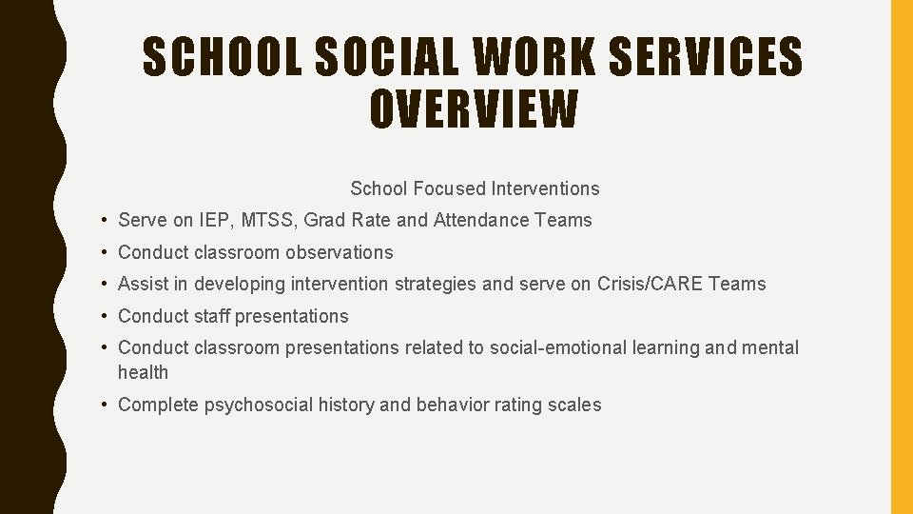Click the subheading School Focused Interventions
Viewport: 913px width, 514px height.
[475, 188]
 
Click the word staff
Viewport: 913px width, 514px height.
[211, 316]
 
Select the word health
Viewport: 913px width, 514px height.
[143, 372]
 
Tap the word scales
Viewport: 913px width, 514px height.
[574, 405]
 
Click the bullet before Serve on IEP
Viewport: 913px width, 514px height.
[102, 220]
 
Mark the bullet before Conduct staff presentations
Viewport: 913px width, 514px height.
[102, 316]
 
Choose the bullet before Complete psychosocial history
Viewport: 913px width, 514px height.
[102, 405]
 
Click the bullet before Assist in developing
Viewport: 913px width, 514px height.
[102, 284]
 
